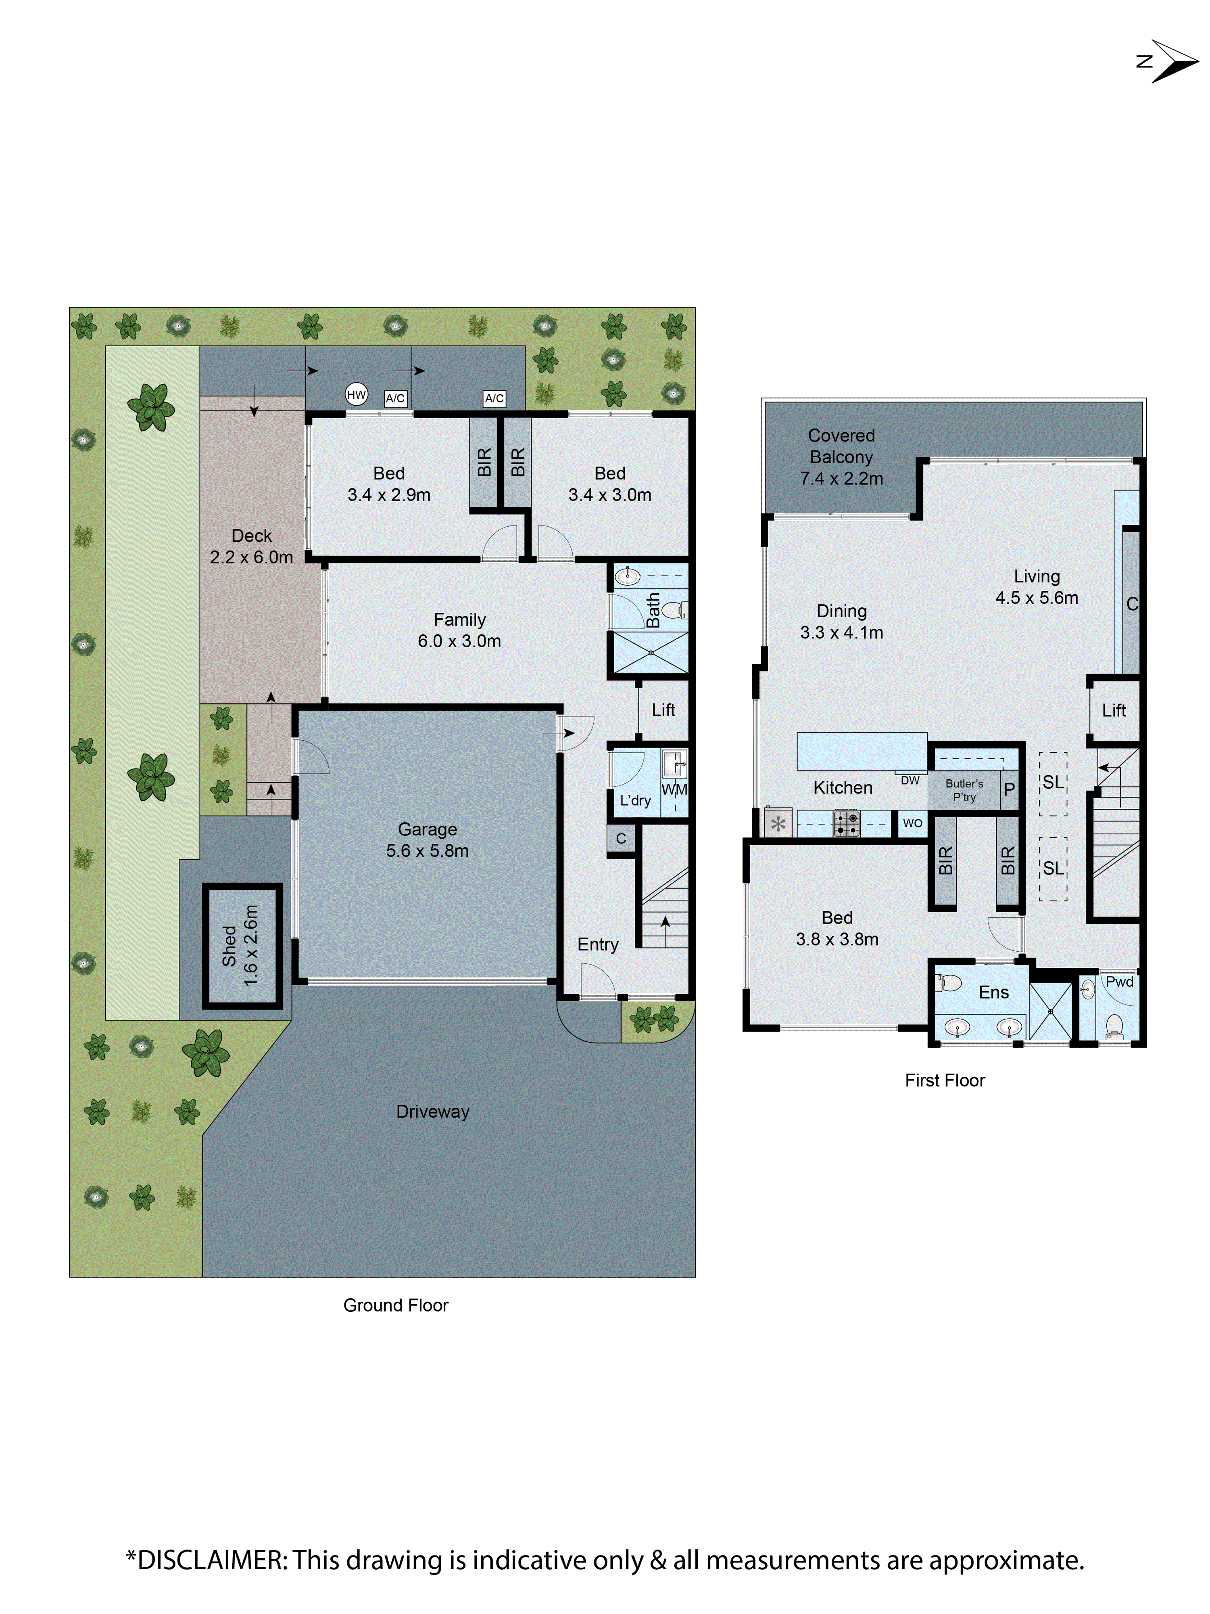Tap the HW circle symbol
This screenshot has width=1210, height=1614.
[356, 395]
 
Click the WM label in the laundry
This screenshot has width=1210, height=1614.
[674, 789]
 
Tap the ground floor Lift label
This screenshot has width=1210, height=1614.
[663, 710]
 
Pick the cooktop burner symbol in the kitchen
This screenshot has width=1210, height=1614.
[847, 823]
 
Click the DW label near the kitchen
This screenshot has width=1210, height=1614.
[910, 780]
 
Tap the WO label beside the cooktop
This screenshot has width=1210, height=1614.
[912, 823]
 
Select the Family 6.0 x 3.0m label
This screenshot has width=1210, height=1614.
[459, 630]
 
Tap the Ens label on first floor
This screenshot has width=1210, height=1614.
[993, 992]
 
